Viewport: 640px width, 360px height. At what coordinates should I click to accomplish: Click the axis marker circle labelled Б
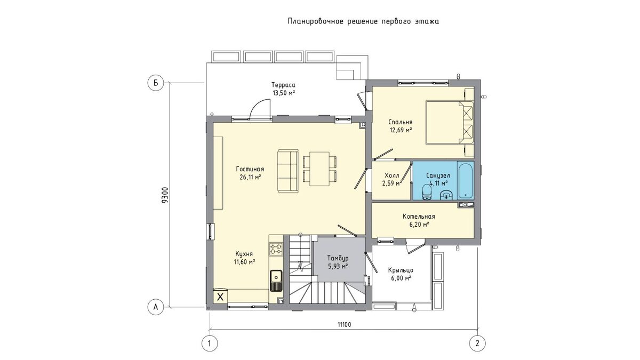coord(156,83)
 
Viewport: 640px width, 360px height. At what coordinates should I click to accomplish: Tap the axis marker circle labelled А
coord(156,307)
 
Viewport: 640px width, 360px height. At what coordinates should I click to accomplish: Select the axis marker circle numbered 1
coord(210,343)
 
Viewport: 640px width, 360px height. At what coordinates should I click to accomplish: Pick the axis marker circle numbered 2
coord(477,343)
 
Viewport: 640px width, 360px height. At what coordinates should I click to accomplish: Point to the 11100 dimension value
coord(345,325)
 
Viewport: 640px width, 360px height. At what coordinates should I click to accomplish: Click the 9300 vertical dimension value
coord(165,195)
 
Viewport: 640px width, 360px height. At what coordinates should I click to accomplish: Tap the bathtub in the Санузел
coord(466,180)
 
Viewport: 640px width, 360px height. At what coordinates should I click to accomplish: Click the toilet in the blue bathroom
coord(427,193)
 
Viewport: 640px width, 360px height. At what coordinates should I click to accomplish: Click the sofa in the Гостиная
coord(287,171)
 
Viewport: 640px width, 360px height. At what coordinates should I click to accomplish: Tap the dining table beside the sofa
coord(319,169)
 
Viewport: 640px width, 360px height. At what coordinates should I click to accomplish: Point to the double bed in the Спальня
coord(449,122)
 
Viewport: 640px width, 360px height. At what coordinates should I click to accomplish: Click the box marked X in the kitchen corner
coord(220,297)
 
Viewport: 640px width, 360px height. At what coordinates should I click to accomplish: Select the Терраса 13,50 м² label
coord(283,89)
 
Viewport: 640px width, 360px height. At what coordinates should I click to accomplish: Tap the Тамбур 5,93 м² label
coord(338,262)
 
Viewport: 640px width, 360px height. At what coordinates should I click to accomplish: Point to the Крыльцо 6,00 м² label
coord(401,274)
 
